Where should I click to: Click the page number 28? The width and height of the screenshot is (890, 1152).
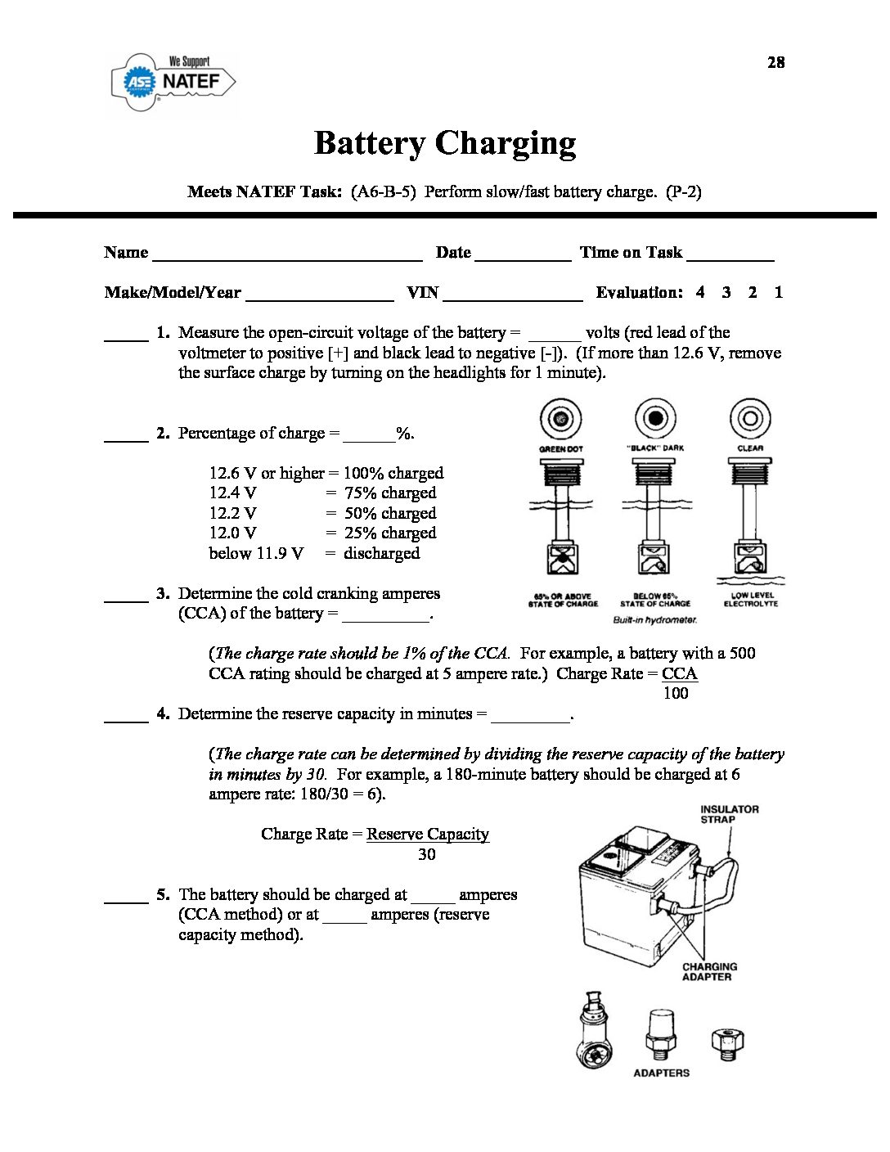[775, 62]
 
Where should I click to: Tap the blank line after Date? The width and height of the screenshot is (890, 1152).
[522, 254]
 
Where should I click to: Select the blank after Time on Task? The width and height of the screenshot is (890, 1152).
[730, 254]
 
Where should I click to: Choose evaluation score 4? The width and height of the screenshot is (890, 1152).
[700, 292]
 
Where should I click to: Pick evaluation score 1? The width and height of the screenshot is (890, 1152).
[779, 292]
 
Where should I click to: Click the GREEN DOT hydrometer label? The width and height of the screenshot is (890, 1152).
[561, 449]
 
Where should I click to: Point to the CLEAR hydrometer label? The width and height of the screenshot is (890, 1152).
[750, 448]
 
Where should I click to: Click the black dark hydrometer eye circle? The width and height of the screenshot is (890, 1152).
[655, 418]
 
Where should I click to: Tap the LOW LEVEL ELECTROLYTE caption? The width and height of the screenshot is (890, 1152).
[751, 600]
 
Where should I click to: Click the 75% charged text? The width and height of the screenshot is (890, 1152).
[390, 493]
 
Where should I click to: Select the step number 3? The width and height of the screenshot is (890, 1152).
[163, 593]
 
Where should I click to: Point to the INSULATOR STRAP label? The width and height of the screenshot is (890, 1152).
[729, 814]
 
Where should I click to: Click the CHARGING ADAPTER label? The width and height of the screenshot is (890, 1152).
[709, 971]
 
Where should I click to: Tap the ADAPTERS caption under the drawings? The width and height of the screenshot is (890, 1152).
[661, 1073]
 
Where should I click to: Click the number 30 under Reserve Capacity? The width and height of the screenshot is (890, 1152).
[426, 854]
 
